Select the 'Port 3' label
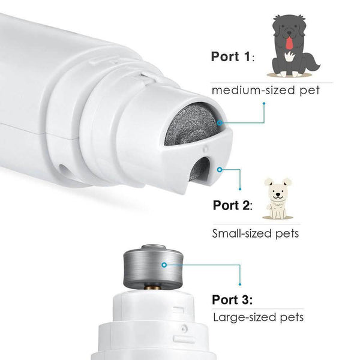232,299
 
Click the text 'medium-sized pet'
265,90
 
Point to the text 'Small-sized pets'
256,233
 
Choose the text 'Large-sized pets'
258,317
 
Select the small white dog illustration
278,199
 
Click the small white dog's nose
278,194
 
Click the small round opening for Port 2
200,169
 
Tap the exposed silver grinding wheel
153,266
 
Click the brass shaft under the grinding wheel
153,287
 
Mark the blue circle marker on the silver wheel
164,265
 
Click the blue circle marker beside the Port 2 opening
220,170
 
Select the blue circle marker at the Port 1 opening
220,123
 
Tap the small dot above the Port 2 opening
205,149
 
